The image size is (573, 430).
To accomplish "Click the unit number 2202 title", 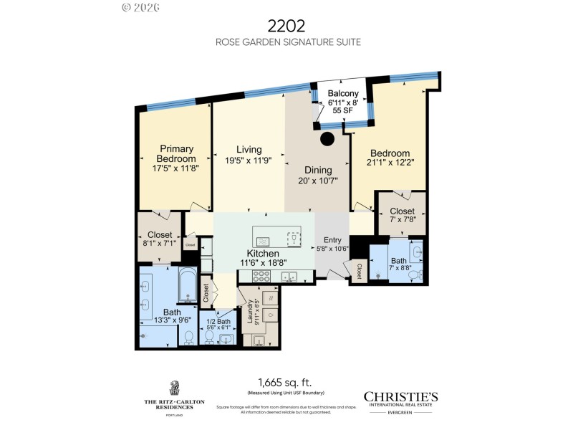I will point(287,26).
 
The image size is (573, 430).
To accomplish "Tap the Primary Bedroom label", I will point(177,153).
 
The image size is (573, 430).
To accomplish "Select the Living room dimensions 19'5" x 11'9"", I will point(249,161).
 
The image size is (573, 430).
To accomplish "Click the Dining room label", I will point(318,170).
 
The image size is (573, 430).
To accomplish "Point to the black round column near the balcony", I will point(327,138).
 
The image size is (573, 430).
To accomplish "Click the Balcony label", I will point(342,94).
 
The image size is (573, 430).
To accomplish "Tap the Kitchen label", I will point(262,254).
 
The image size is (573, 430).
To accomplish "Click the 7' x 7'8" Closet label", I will point(401,211).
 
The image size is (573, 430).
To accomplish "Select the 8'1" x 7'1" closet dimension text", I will point(159,243).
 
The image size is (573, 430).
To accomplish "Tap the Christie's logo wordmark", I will point(400,397).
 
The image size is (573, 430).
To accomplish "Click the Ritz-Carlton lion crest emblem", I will point(174,388).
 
